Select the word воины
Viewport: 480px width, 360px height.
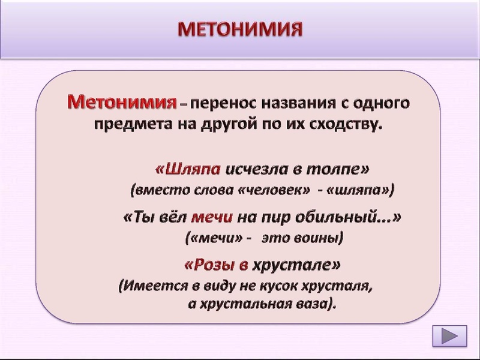coord(319,238)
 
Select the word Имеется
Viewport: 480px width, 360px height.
coord(150,286)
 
